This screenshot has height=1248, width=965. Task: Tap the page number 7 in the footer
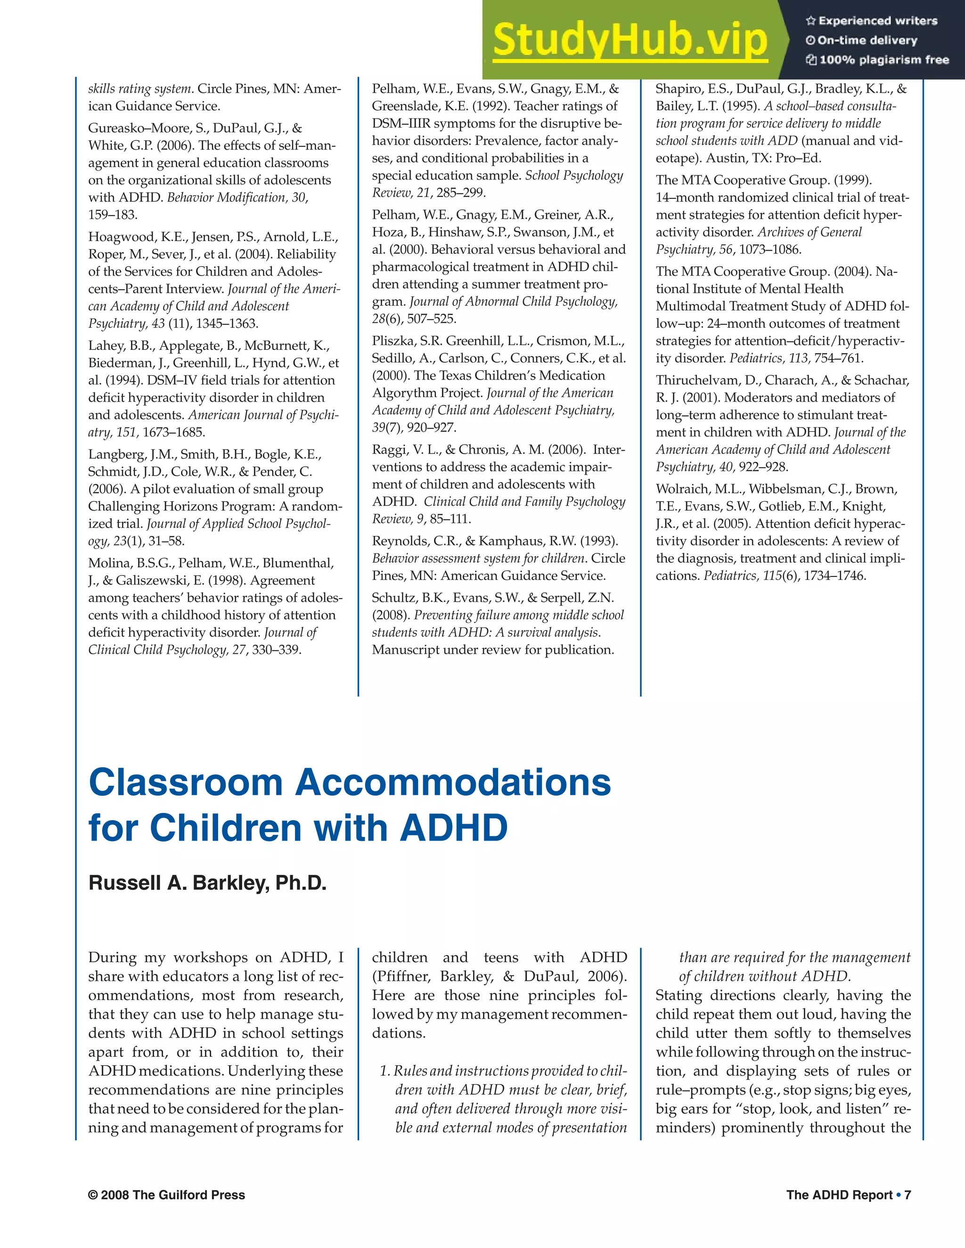(x=907, y=1195)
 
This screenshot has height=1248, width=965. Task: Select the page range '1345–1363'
(x=227, y=324)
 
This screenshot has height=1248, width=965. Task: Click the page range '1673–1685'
(x=174, y=432)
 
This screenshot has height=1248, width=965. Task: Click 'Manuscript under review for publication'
(x=493, y=650)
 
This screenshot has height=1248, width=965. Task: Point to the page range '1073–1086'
(x=769, y=250)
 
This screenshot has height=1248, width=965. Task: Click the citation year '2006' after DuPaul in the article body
(x=606, y=976)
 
